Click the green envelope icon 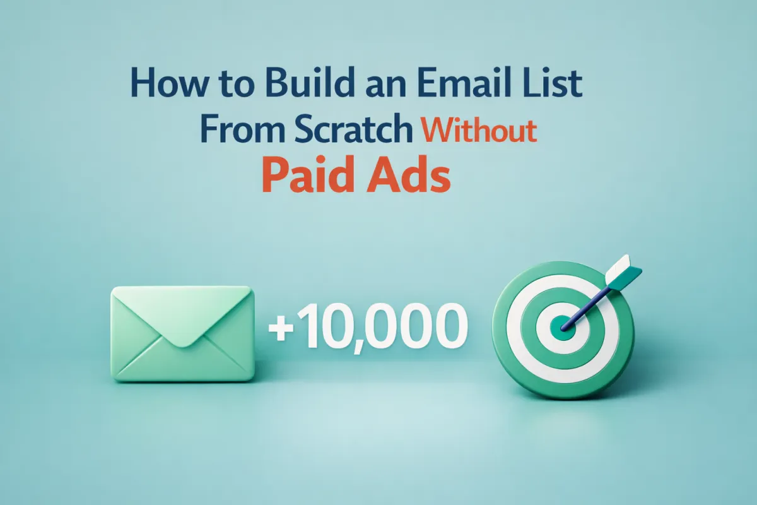point(182,334)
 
